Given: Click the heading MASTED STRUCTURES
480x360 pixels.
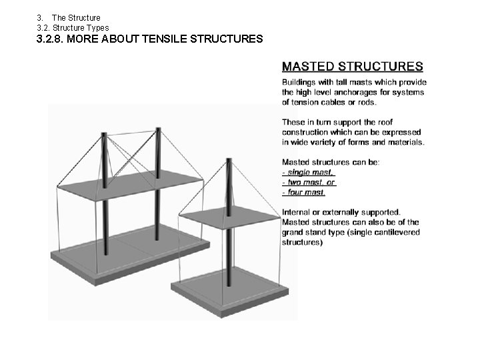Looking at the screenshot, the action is (352, 66).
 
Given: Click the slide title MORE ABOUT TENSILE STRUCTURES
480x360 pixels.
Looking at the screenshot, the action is (149, 39).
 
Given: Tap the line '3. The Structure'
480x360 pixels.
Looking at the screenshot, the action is (69, 17).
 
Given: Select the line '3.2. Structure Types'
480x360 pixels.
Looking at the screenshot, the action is (73, 27).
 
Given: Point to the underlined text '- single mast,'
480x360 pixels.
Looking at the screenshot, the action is (309, 172).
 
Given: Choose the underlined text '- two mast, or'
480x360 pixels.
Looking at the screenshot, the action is (309, 182).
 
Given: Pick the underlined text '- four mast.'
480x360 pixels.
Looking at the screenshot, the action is (304, 192).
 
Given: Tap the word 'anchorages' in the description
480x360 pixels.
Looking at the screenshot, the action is (350, 92).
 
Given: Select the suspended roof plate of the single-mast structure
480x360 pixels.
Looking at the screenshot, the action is (229, 217).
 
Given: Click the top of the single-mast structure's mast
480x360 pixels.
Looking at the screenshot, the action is (229, 161).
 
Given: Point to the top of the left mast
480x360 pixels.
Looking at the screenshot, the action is (104, 135).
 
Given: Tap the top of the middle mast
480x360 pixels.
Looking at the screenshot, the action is (158, 129).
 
